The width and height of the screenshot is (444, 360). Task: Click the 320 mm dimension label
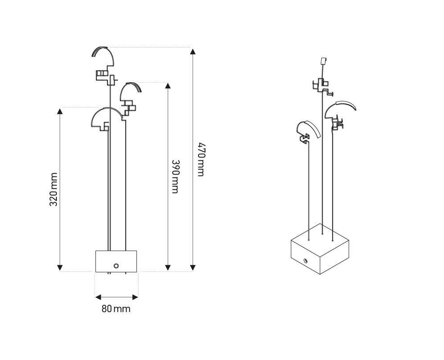point(54,189)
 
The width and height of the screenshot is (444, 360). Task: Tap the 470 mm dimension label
point(201,159)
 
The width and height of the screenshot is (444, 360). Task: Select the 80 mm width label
point(116,308)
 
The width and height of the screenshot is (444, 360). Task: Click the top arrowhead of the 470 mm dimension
point(193,51)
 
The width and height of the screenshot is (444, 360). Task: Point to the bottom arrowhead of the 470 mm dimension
point(193,267)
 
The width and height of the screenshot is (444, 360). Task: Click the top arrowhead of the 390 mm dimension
point(168,86)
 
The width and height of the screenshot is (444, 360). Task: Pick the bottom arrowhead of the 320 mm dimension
point(59,267)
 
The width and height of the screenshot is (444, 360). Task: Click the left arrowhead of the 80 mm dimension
point(98,297)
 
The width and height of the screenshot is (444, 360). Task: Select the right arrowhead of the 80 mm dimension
point(135,297)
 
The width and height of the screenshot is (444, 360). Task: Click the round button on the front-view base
point(116,266)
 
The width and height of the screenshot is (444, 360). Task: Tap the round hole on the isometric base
point(305,260)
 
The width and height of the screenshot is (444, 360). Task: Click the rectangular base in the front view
point(116,261)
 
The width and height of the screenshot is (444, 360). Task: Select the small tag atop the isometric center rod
point(324,60)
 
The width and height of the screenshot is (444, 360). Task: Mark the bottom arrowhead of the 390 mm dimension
point(168,267)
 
